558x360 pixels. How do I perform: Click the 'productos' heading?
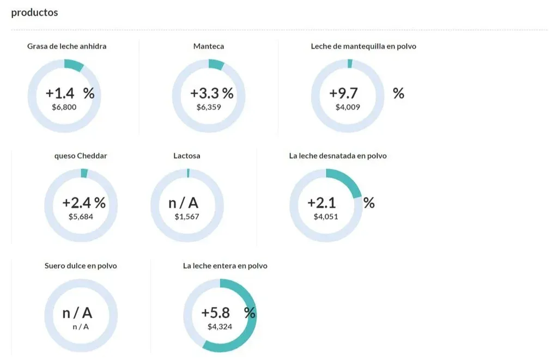(34, 13)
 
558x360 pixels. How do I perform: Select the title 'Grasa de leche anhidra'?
(66, 46)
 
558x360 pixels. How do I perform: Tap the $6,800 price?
(64, 107)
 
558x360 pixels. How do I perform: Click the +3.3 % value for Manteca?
(211, 93)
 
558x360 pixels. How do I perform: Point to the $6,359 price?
(209, 107)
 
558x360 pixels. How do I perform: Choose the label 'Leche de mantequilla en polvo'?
(363, 46)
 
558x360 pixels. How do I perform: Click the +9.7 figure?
(343, 93)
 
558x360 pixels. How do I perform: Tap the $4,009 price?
(348, 107)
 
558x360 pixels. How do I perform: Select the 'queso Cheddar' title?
(81, 156)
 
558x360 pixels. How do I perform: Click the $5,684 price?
(81, 217)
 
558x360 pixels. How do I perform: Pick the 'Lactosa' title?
(186, 156)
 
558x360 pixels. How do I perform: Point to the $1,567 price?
(187, 217)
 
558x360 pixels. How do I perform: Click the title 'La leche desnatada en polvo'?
(338, 156)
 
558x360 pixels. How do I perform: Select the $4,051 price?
(326, 217)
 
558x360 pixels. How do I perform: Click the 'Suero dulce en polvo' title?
(81, 266)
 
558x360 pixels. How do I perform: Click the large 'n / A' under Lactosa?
(184, 203)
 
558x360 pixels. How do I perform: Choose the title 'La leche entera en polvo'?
(225, 266)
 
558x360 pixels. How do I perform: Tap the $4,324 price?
(220, 327)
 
